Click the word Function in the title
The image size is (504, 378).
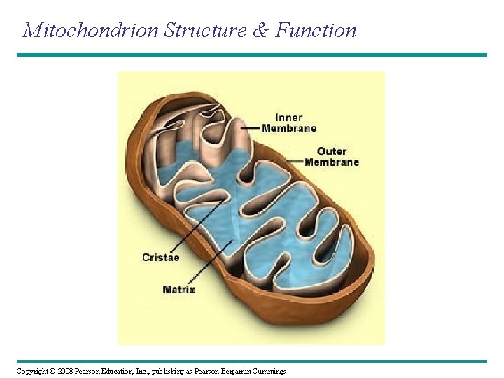[x=316, y=30]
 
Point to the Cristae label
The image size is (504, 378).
[x=161, y=257]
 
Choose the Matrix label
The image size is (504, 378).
[x=178, y=289]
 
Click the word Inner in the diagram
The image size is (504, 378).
[x=289, y=118]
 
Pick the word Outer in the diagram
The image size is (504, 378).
[x=332, y=151]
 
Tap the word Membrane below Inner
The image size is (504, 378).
[x=289, y=128]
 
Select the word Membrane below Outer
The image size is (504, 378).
[x=332, y=162]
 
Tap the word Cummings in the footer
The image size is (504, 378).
[x=268, y=371]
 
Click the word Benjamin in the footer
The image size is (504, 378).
[x=234, y=371]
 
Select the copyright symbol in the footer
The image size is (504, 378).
[x=53, y=371]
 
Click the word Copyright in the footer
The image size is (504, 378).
[x=32, y=371]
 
